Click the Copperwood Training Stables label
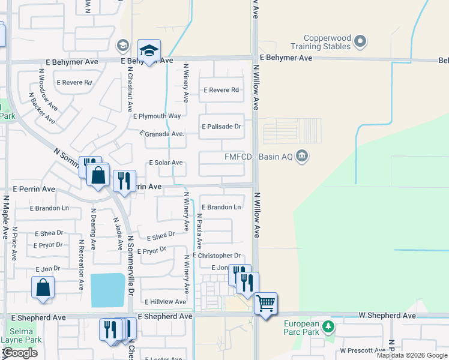320,41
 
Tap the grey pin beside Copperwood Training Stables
360,41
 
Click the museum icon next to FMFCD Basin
302,157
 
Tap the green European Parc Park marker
328,327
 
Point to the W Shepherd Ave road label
387,316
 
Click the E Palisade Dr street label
221,127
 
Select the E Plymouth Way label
157,116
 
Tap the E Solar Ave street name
166,163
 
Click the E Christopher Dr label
217,256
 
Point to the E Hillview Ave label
165,302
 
